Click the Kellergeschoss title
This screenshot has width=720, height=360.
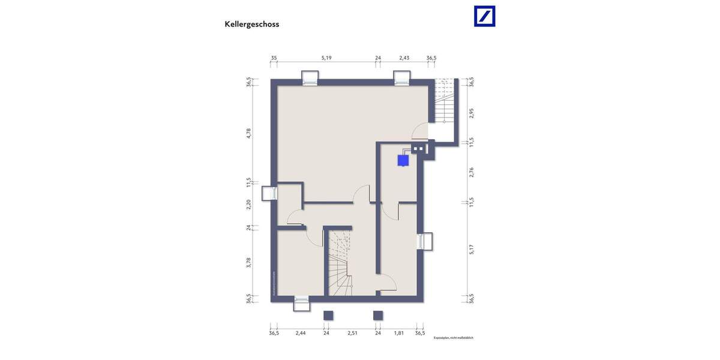coord(252,25)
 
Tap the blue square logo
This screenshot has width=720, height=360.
coord(485,16)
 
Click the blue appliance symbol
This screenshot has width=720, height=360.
coord(403,160)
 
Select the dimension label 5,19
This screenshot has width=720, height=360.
coord(326,58)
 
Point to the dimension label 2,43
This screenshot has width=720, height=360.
coord(404,58)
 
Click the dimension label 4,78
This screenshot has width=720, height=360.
coord(249,133)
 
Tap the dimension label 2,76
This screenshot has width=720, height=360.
coord(472,172)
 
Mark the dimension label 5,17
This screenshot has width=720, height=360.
coord(472,249)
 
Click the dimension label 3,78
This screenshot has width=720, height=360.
coord(249,262)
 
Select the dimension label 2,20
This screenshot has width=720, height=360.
coord(249,204)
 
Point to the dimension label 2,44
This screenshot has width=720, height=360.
coord(301,333)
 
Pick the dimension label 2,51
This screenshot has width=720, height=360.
coord(352,333)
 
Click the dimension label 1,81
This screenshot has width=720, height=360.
coord(399,333)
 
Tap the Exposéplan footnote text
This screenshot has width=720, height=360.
coord(454,338)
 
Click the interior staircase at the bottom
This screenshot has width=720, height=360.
coord(340,264)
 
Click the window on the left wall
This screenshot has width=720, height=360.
coord(269,193)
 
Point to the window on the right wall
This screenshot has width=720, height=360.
coord(425,241)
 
